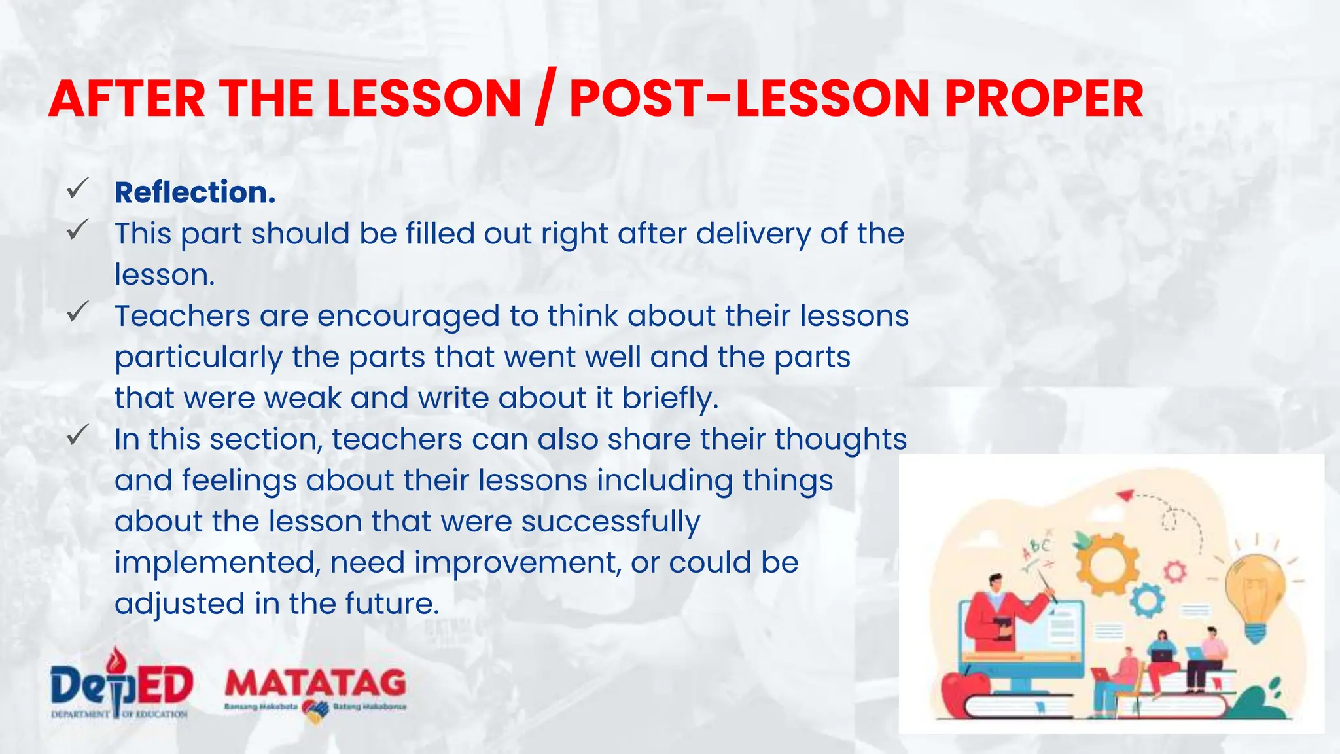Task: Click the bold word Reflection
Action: coord(195,192)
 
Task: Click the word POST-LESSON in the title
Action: coord(749,99)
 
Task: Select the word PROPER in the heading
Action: coord(1044,99)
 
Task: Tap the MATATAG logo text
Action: coord(315,683)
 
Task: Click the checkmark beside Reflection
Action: coord(77,190)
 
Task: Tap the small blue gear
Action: coord(1146,600)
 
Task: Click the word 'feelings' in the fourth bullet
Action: coord(238,481)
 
